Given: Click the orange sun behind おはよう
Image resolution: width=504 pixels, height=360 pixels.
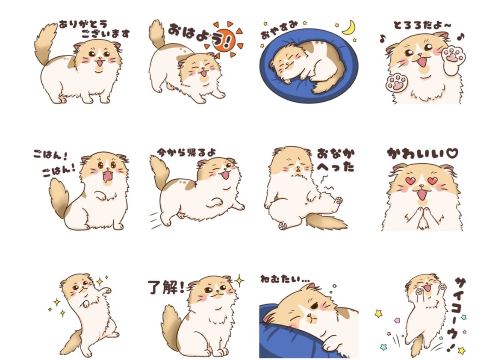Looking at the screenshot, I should [224, 41].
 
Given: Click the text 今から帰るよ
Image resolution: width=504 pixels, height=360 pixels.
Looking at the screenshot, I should [187, 152].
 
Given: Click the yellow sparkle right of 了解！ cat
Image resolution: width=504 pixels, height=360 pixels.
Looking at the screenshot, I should [239, 281].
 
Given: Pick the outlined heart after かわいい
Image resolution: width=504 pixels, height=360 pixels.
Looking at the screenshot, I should [451, 153].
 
